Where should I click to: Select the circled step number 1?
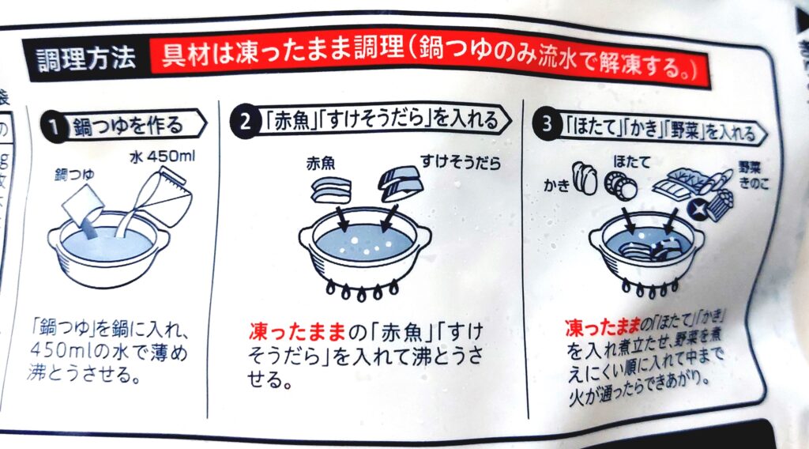pyautogui.click(x=54, y=126)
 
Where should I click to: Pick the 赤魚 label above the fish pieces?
pyautogui.click(x=321, y=164)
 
